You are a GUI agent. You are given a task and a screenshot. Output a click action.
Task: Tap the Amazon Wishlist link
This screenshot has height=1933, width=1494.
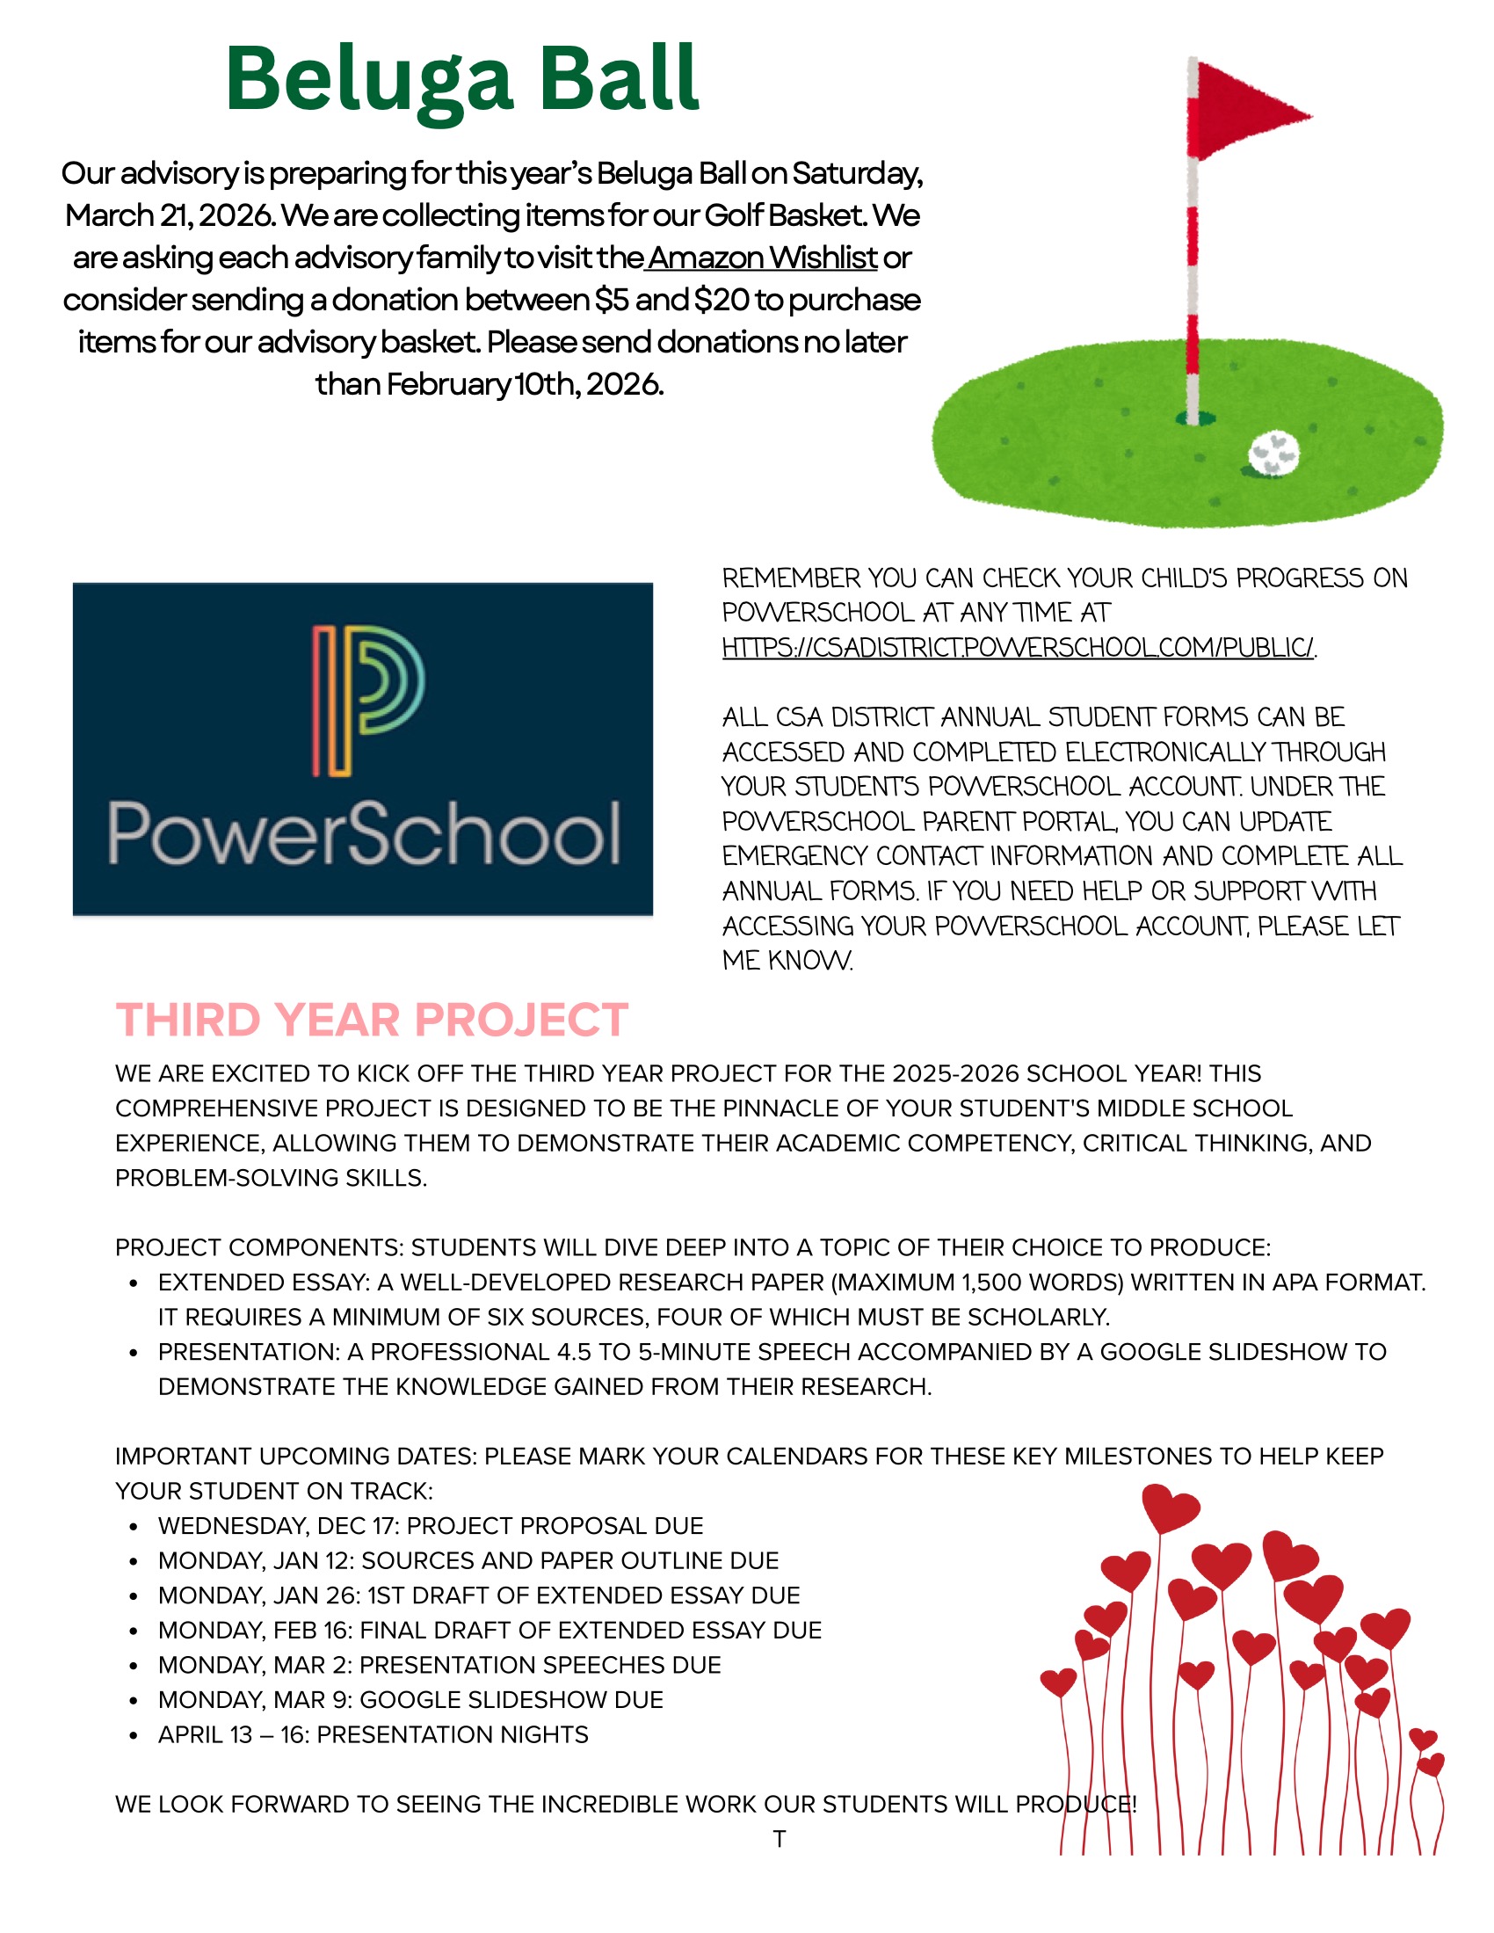[x=762, y=258]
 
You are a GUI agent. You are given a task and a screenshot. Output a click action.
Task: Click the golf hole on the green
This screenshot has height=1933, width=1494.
[x=1194, y=418]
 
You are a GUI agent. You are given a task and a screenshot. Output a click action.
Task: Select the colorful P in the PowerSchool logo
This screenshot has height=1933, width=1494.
[x=366, y=700]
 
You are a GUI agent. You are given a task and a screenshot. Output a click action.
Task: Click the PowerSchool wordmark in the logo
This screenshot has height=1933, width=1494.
[x=364, y=832]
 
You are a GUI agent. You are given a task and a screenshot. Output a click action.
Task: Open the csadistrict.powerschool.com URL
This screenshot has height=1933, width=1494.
[x=1017, y=648]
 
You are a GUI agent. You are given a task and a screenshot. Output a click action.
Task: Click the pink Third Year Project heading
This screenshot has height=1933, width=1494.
[x=372, y=1020]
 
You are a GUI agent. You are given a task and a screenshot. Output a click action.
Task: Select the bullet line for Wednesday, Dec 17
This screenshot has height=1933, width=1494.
[x=430, y=1526]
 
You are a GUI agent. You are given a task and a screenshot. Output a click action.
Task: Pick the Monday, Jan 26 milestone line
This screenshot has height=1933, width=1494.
[x=478, y=1595]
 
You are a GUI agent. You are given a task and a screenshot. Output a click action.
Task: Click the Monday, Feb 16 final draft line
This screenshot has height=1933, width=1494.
[x=490, y=1630]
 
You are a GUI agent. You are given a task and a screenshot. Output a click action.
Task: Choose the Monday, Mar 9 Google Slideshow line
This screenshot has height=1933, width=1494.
[x=410, y=1699]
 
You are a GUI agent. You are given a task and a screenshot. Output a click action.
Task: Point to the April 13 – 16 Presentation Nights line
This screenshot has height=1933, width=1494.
[x=373, y=1733]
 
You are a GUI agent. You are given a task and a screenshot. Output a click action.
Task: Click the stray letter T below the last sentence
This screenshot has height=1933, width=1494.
[x=779, y=1838]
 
